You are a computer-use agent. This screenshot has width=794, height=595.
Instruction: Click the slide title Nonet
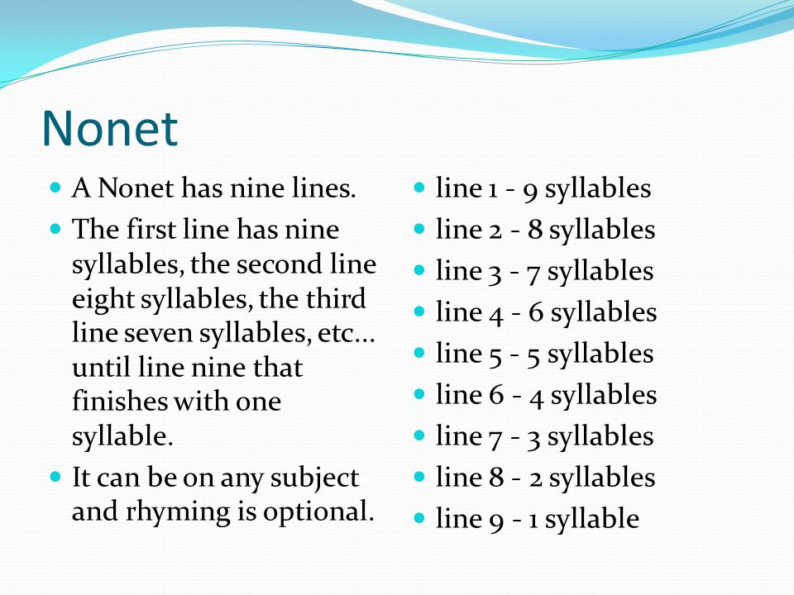point(110,128)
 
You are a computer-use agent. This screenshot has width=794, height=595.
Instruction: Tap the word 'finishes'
point(119,402)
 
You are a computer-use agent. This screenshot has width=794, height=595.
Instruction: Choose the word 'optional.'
point(318,512)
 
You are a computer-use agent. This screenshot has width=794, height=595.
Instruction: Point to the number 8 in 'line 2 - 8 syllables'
point(535,230)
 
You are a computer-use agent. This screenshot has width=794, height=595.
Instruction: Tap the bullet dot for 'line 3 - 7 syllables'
point(419,270)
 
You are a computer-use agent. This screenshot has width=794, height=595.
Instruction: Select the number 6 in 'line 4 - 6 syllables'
point(536,312)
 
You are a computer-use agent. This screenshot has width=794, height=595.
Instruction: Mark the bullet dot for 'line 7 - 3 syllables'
point(419,436)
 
